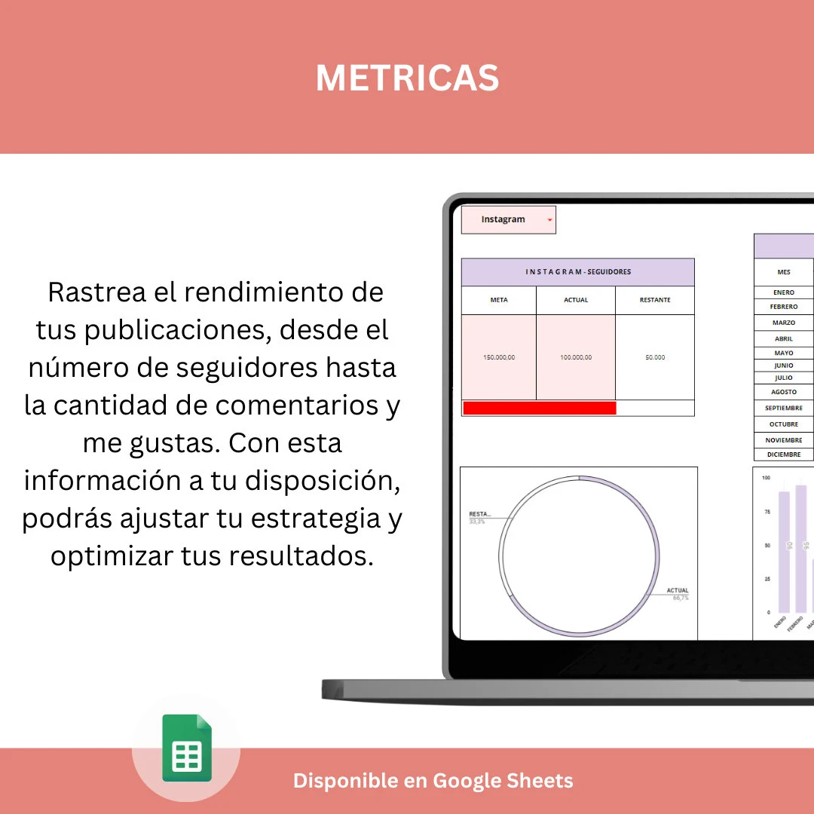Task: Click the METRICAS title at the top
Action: (x=407, y=78)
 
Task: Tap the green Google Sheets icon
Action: (x=187, y=748)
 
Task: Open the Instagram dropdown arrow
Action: (x=549, y=220)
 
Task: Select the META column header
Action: (x=499, y=300)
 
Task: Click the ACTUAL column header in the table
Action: (x=576, y=300)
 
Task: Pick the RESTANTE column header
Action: (x=655, y=300)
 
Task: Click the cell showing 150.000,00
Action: (x=499, y=357)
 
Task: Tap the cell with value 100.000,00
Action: (x=576, y=357)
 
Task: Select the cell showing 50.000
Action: (x=655, y=357)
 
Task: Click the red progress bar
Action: (x=540, y=408)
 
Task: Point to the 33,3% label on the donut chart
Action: (x=477, y=522)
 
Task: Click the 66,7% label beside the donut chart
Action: (x=680, y=598)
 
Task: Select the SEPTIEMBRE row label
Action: (x=784, y=408)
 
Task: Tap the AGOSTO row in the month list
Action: (x=784, y=392)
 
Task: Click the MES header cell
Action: (x=784, y=272)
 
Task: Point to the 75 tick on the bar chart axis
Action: (x=767, y=512)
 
